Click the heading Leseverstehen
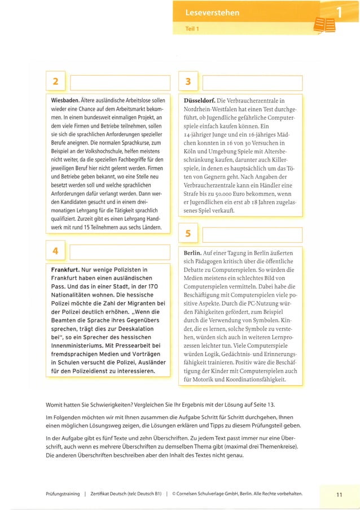pyautogui.click(x=212, y=12)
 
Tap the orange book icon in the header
pyautogui.click(x=324, y=25)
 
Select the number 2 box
pyautogui.click(x=55, y=82)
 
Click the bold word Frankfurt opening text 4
pyautogui.click(x=65, y=269)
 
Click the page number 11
pyautogui.click(x=339, y=495)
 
